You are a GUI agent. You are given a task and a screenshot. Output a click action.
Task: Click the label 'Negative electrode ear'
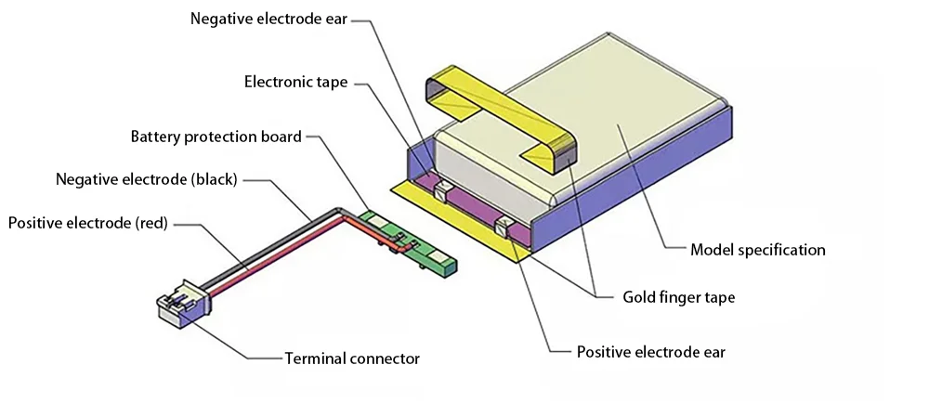tap(268, 18)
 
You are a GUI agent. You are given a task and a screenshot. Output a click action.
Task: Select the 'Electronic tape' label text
tap(295, 82)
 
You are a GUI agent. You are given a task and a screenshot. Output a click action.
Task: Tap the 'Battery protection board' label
tap(216, 137)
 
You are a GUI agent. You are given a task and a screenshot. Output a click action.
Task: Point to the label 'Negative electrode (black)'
tap(147, 179)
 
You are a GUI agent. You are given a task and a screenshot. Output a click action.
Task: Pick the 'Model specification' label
tap(757, 249)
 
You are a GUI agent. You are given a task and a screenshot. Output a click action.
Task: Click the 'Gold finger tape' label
tap(678, 298)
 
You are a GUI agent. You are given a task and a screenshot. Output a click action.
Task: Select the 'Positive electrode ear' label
tap(650, 352)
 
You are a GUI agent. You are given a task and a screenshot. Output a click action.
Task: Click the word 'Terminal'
tap(315, 358)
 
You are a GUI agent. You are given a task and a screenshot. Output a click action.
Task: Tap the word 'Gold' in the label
tap(638, 298)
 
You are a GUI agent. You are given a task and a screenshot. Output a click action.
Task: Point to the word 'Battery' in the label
tap(155, 137)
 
